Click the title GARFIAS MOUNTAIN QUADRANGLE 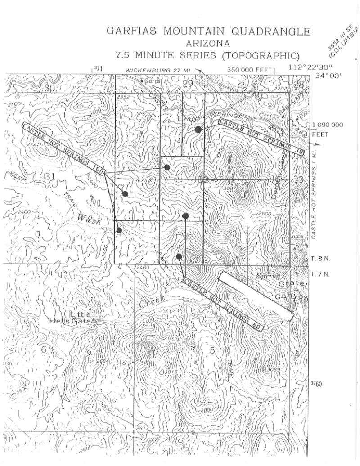[x=208, y=31]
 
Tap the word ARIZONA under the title [x=208, y=44]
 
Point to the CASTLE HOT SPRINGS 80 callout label [x=222, y=305]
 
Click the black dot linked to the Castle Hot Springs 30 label [x=198, y=130]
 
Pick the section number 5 [x=212, y=350]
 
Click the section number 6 [x=44, y=349]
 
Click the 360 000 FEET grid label [x=250, y=70]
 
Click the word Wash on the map [x=89, y=220]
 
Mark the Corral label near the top [x=153, y=81]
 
